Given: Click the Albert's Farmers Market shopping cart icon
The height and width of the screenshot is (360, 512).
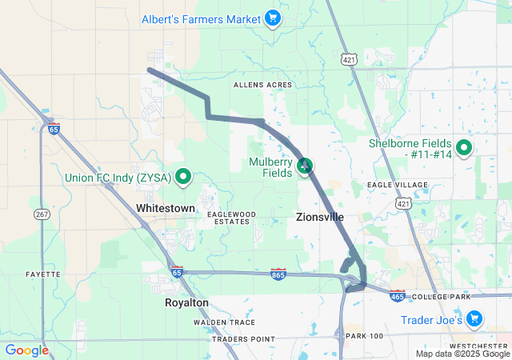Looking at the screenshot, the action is pos(273,18).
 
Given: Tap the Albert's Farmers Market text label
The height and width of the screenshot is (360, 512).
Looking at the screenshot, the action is pos(201,18).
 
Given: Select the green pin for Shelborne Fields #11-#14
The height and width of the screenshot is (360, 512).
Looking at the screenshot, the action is pos(462,147).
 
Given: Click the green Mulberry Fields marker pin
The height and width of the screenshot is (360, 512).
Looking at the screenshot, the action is pos(305,166).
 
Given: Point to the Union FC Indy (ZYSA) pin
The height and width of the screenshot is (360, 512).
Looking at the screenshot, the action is pos(183,177).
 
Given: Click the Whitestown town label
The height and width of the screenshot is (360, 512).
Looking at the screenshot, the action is pos(166,208).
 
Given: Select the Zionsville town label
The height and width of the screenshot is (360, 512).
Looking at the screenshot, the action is pos(320,217).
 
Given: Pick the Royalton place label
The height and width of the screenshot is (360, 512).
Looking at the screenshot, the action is pos(186,303).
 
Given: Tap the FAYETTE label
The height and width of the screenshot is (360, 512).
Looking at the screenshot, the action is pos(42,274).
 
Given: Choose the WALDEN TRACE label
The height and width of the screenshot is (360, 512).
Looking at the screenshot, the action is pos(224,322).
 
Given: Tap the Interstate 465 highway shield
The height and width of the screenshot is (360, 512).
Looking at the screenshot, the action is pos(398,296).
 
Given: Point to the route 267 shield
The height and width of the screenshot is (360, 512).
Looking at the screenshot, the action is pos(42,214).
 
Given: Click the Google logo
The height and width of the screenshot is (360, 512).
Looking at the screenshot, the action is pos(26,350).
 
